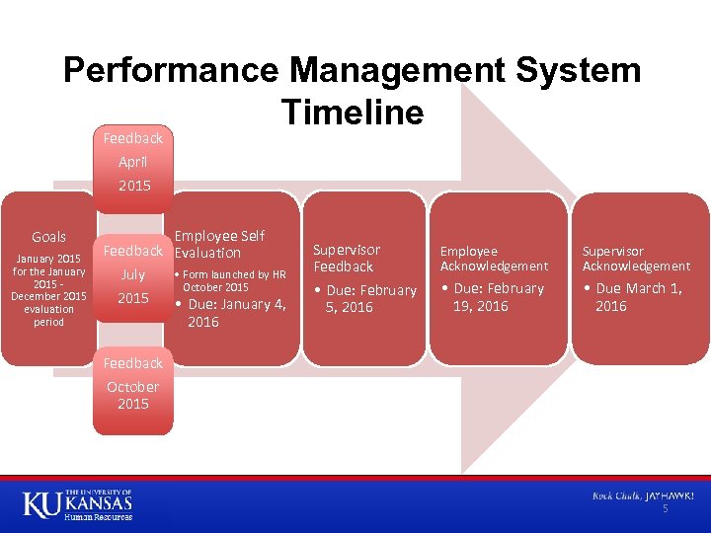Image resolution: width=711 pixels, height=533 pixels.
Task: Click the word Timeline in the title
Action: [353, 113]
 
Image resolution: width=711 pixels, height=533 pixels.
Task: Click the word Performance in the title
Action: [172, 70]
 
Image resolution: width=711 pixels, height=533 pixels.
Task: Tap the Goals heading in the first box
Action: [48, 237]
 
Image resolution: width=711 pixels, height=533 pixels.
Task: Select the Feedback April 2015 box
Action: [133, 162]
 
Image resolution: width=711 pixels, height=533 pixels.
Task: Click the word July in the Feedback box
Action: [132, 274]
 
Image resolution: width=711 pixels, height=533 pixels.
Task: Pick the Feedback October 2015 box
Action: [133, 386]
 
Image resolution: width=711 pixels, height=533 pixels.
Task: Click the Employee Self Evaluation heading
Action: [219, 244]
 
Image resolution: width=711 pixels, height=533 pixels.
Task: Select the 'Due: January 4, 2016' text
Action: [237, 313]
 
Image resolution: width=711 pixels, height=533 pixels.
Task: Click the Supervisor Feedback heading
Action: [347, 258]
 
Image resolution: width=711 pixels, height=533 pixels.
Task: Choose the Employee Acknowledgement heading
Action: [494, 259]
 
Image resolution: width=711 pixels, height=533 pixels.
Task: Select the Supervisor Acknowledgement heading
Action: [636, 259]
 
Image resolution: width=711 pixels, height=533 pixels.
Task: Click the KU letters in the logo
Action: [41, 504]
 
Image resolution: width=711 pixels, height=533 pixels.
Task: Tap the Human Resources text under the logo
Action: [98, 517]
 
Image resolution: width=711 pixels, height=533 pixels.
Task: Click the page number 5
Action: [666, 508]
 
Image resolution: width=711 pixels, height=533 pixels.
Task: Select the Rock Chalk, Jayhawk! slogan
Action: [643, 495]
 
